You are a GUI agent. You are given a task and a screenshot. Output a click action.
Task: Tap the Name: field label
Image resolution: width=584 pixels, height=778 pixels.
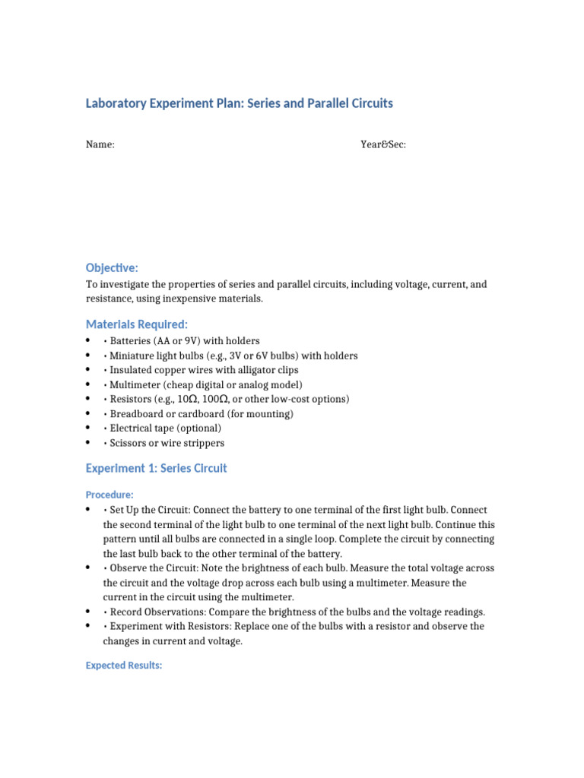[x=100, y=144]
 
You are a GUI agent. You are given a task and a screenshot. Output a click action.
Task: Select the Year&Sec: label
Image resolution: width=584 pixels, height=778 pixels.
[x=383, y=144]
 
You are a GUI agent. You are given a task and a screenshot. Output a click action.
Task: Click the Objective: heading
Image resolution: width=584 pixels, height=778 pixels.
[x=112, y=268]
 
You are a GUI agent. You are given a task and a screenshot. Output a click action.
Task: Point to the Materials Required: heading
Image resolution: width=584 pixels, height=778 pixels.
[x=136, y=324]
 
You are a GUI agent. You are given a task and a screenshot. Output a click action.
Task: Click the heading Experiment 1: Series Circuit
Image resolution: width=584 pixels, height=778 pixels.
[x=156, y=468]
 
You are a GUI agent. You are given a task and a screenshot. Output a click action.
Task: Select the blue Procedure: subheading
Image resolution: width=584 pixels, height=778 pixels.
[x=109, y=495]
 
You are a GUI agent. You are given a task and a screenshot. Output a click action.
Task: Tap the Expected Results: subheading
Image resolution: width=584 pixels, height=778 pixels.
[x=124, y=666]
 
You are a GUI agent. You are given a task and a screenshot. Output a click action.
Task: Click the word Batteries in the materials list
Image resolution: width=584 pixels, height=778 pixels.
[x=131, y=341]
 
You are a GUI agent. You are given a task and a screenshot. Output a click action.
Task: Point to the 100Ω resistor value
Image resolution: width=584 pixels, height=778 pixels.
[x=214, y=399]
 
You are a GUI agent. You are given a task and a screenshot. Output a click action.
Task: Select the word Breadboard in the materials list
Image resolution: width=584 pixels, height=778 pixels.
[x=138, y=414]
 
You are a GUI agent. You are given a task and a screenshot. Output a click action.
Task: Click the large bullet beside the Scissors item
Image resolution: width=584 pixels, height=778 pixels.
[x=89, y=443]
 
